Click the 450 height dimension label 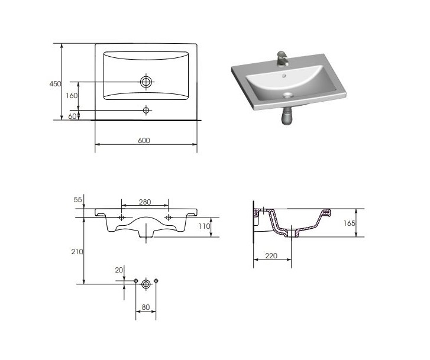[x=55, y=83]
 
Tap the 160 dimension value [x=72, y=96]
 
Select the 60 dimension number [x=72, y=116]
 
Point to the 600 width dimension [x=144, y=140]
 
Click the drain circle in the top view [x=146, y=82]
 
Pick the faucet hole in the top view [x=146, y=110]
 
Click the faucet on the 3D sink [x=283, y=59]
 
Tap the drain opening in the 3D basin [x=287, y=95]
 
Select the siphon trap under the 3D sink [x=287, y=115]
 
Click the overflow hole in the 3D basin [x=284, y=75]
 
